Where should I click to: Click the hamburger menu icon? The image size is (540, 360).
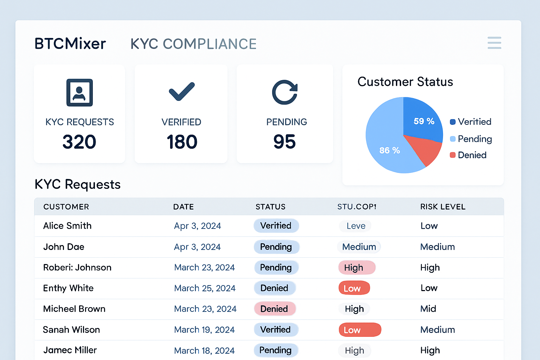(x=494, y=43)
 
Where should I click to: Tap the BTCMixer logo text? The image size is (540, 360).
(x=70, y=44)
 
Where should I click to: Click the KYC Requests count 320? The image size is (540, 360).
(x=79, y=142)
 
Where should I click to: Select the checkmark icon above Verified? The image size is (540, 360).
(x=182, y=92)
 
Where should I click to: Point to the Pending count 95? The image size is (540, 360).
(x=284, y=142)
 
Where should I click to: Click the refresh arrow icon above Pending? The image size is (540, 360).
(x=285, y=92)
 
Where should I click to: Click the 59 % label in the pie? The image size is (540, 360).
(x=424, y=121)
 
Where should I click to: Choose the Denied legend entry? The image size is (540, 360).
(x=468, y=155)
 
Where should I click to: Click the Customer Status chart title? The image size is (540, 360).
(x=405, y=82)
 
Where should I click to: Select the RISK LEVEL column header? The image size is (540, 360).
(x=443, y=207)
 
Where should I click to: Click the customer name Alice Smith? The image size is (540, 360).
(x=67, y=226)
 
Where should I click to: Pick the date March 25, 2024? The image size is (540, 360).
(x=205, y=288)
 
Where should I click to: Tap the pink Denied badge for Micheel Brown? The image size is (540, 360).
(x=275, y=309)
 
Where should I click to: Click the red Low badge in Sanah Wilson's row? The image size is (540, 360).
(x=360, y=330)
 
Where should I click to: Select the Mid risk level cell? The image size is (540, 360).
(x=428, y=309)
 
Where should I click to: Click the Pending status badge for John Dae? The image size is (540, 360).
(x=276, y=247)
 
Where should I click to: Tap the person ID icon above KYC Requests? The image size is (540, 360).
(x=80, y=92)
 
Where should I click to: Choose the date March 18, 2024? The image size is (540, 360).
(x=204, y=351)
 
